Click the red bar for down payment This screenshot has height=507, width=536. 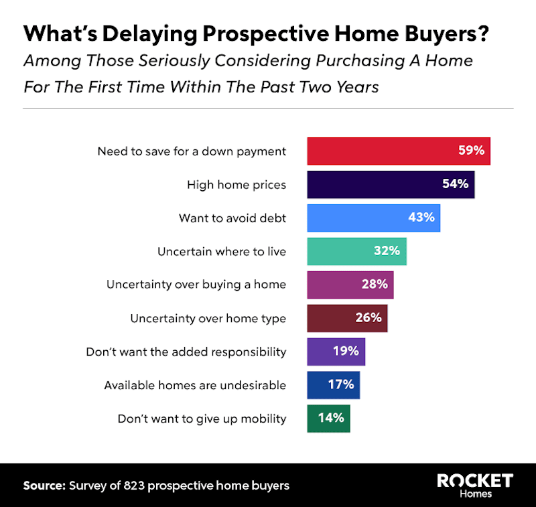tap(399, 151)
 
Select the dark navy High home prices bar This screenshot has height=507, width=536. tap(391, 184)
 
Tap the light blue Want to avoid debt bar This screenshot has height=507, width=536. tap(373, 218)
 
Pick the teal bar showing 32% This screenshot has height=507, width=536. tap(356, 251)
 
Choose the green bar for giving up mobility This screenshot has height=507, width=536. tap(328, 418)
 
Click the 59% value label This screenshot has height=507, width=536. tap(471, 151)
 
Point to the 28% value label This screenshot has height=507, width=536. tap(375, 284)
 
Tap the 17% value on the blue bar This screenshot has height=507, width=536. tap(340, 384)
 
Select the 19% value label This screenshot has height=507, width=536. tap(346, 351)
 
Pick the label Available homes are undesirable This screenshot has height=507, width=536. tap(195, 385)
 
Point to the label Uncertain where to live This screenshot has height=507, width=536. tap(222, 252)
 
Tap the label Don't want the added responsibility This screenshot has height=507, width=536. tap(186, 352)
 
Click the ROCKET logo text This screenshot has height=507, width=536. tap(474, 480)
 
